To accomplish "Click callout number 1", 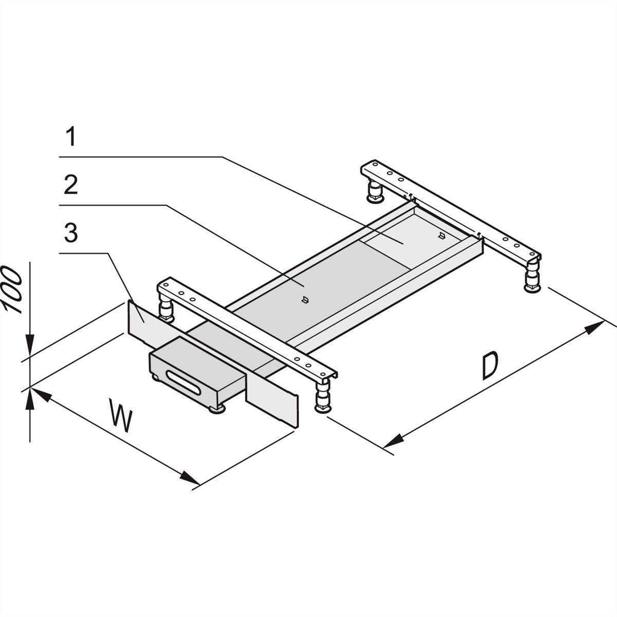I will (x=71, y=137).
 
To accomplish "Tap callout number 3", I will (x=71, y=234).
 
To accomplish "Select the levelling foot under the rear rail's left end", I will (x=374, y=191).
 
